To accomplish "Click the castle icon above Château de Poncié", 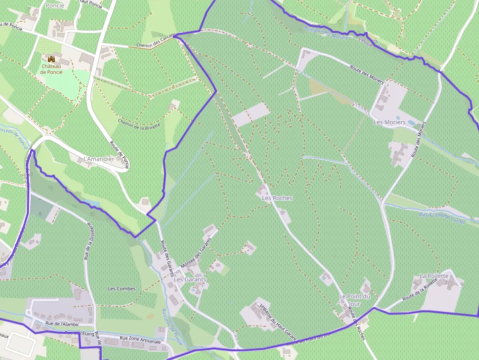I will [x=51, y=59].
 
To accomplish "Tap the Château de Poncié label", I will [x=51, y=69].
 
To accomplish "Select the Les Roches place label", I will [x=277, y=198].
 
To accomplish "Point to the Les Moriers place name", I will [x=390, y=122].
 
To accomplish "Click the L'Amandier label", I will [x=99, y=159].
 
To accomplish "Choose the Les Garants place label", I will [x=190, y=279].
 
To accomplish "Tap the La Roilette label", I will [x=434, y=276].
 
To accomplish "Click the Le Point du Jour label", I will [x=355, y=300].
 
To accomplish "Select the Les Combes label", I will [x=121, y=289].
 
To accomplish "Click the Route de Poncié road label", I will [x=119, y=155].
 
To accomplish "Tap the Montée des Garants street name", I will [x=196, y=252].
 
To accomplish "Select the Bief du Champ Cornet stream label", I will [x=442, y=215].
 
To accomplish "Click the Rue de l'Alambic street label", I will [x=62, y=324].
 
